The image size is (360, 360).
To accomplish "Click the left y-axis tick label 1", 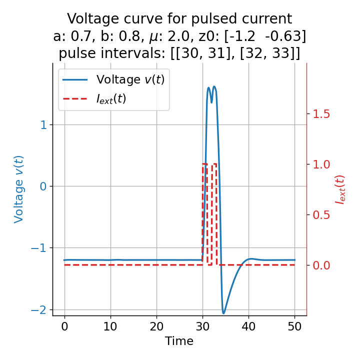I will (x=43, y=124).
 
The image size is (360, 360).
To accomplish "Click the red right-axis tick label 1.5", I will (x=321, y=114).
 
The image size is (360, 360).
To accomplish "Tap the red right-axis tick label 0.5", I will (x=321, y=214).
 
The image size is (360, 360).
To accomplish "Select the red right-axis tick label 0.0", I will (x=321, y=265).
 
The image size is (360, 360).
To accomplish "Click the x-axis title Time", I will (x=179, y=341).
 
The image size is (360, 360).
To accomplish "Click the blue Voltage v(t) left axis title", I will (x=19, y=189).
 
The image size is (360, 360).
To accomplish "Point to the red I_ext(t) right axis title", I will (x=340, y=189).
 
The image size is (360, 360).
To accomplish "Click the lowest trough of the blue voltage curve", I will (x=223, y=313).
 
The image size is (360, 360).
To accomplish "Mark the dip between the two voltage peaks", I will (x=211, y=102).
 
